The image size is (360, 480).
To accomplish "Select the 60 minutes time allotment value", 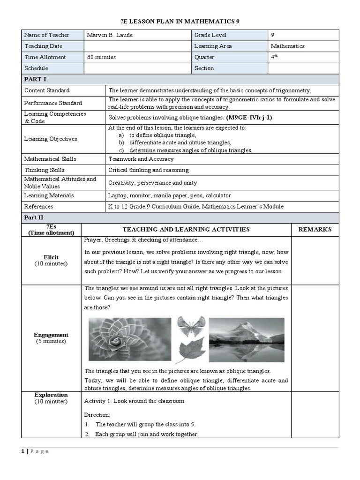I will click(x=102, y=57).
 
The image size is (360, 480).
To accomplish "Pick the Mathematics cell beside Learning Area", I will click(x=288, y=46).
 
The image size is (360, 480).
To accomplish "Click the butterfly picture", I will click(x=191, y=326).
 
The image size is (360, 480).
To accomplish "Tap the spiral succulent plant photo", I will click(x=130, y=339).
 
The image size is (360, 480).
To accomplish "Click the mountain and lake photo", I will click(x=247, y=339).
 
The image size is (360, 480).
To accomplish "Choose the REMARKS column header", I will click(x=315, y=229).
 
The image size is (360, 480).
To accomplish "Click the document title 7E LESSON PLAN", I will click(x=180, y=22).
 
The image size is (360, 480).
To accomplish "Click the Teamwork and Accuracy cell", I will click(x=141, y=159).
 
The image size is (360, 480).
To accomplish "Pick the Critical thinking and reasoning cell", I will click(x=149, y=170).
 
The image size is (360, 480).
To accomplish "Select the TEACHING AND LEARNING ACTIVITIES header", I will click(x=186, y=229).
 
